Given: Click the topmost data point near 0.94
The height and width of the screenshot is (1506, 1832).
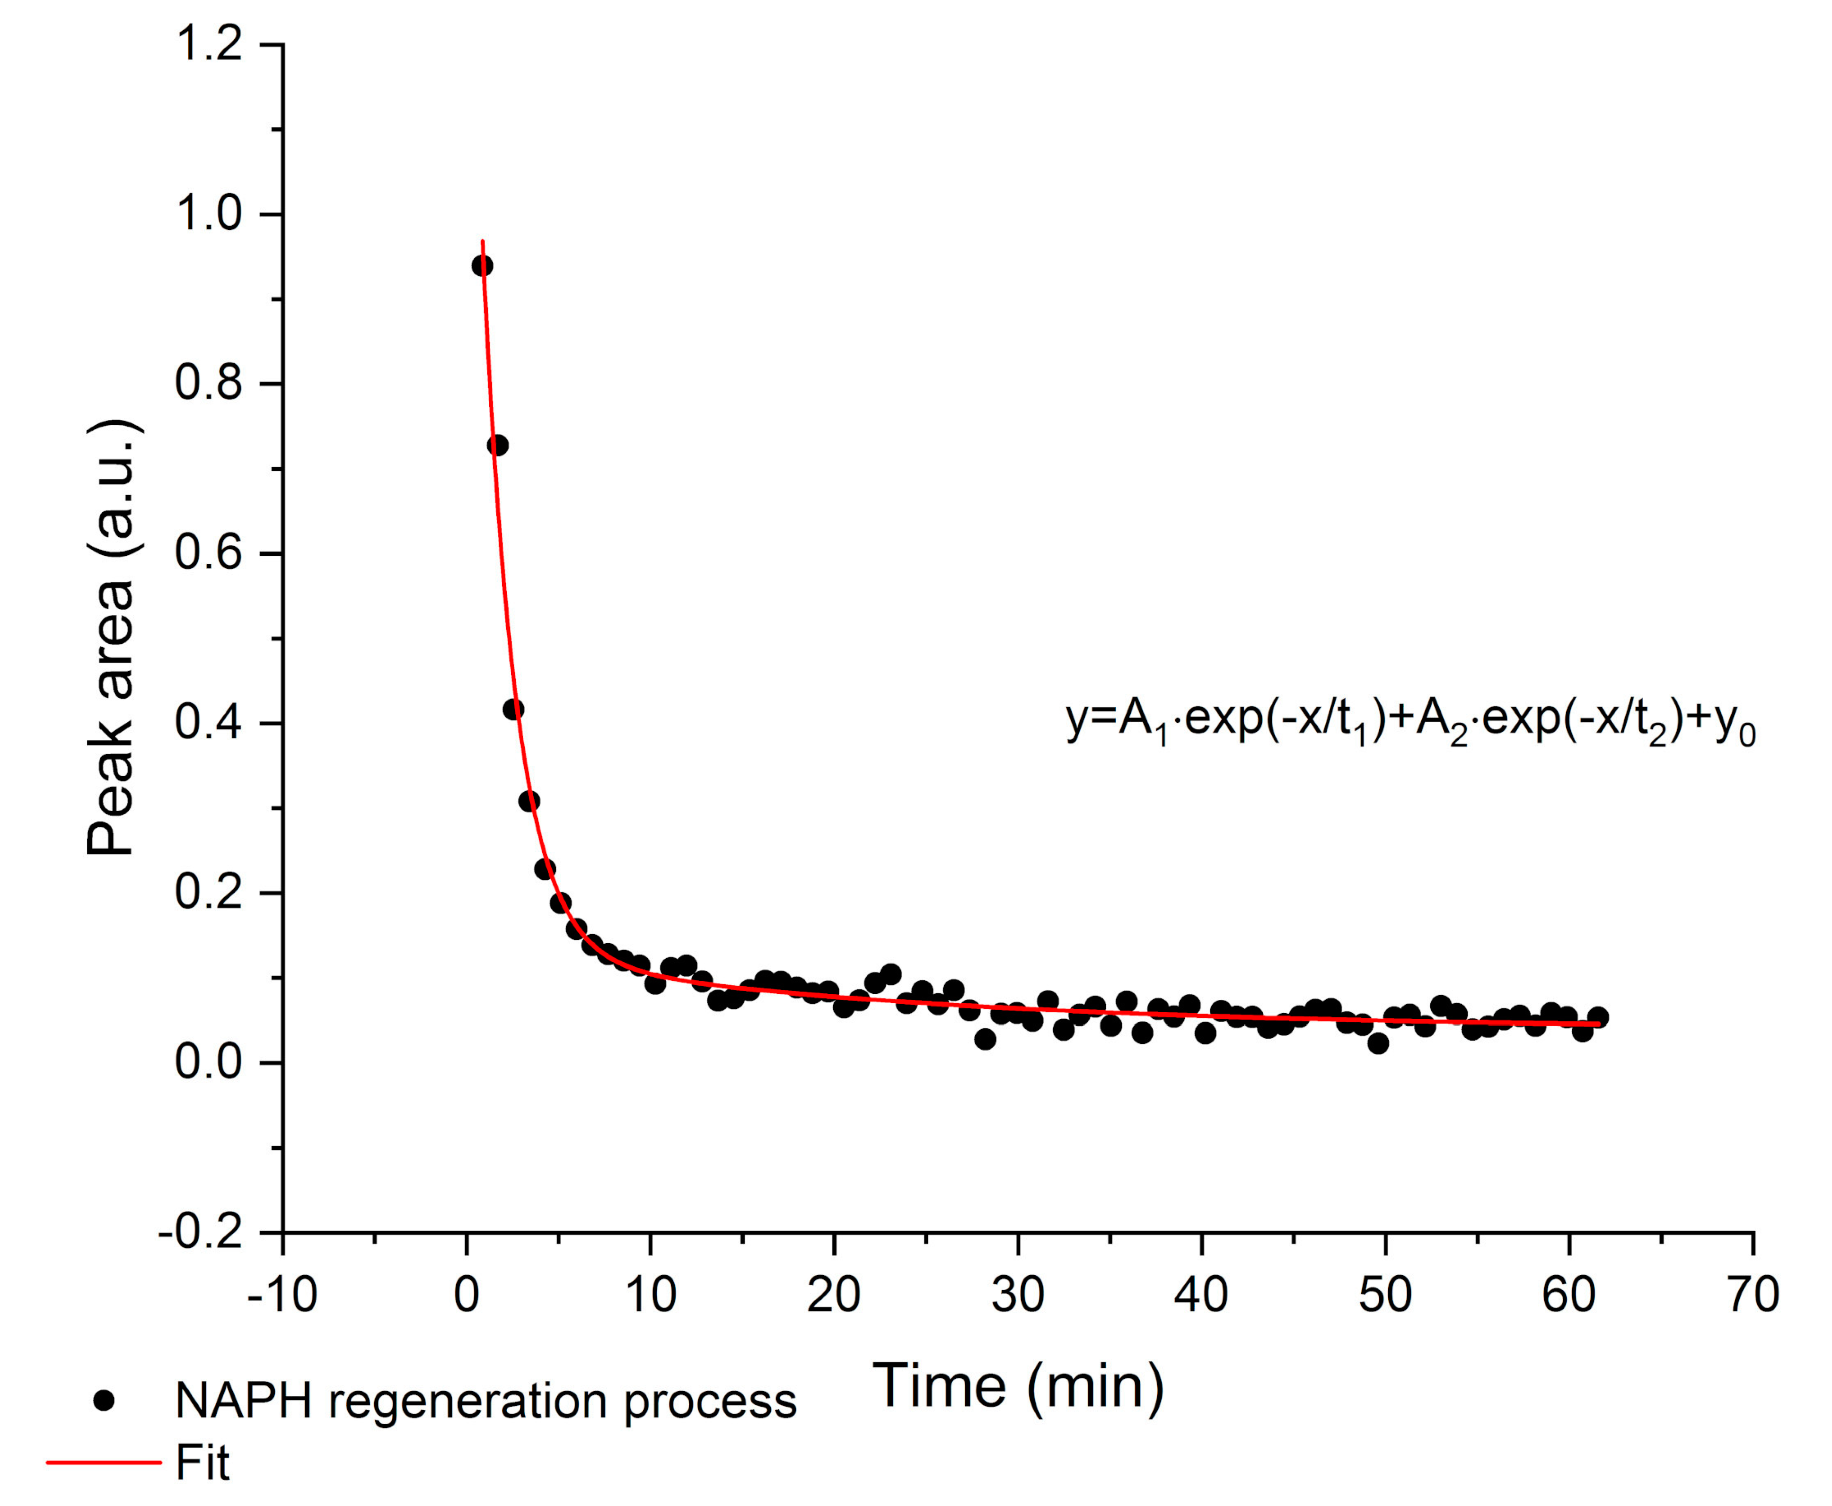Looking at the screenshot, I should (x=483, y=265).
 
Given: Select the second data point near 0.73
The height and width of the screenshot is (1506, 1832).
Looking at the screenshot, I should (x=498, y=445).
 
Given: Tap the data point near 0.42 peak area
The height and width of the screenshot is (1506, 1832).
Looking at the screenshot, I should (x=514, y=709).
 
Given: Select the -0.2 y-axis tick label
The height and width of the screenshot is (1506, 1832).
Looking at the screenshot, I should (x=200, y=1233).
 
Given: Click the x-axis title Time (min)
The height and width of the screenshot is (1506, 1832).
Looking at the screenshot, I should (x=1017, y=1385).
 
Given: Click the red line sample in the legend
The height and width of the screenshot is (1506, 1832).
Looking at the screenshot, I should (x=104, y=1462).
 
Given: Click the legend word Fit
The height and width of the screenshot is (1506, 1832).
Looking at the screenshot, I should (x=202, y=1462).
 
